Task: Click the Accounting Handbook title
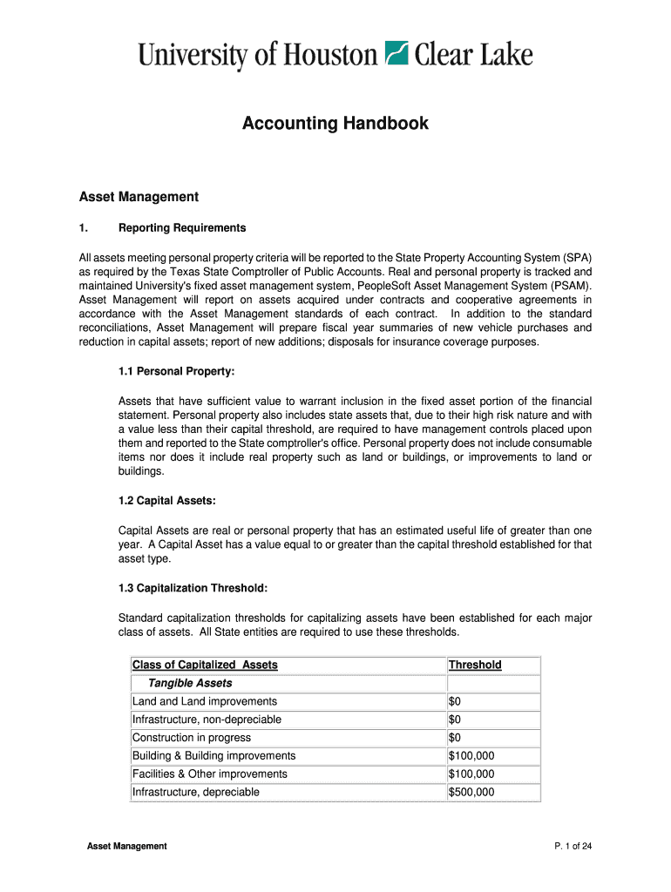(x=335, y=124)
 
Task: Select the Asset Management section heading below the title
(x=139, y=197)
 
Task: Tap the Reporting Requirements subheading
(x=182, y=228)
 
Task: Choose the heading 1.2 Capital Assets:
(x=166, y=501)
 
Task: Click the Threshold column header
(x=475, y=665)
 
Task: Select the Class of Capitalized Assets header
(x=205, y=665)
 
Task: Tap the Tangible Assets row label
(x=190, y=683)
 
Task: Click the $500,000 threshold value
(x=471, y=792)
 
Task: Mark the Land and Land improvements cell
(x=205, y=701)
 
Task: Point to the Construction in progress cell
(x=189, y=738)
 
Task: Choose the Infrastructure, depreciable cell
(x=196, y=792)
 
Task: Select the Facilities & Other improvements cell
(x=209, y=774)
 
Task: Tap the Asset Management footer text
(x=127, y=847)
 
